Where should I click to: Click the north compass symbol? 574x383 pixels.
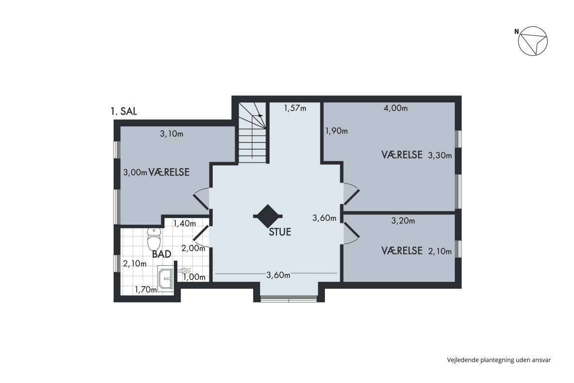pyautogui.click(x=533, y=41)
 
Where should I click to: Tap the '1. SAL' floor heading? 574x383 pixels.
pyautogui.click(x=124, y=111)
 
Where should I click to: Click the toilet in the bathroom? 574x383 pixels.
pyautogui.click(x=154, y=239)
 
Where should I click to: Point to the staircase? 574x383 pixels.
pyautogui.click(x=253, y=133)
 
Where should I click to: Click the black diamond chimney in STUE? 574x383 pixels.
pyautogui.click(x=268, y=216)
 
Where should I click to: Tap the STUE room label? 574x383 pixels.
pyautogui.click(x=280, y=232)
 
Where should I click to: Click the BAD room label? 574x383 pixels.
pyautogui.click(x=162, y=254)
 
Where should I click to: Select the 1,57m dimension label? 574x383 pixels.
pyautogui.click(x=295, y=108)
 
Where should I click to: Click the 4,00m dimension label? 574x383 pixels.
pyautogui.click(x=395, y=108)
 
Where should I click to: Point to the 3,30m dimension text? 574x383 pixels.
pyautogui.click(x=440, y=156)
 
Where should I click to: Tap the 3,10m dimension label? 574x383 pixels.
pyautogui.click(x=172, y=134)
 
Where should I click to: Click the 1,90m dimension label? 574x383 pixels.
pyautogui.click(x=336, y=131)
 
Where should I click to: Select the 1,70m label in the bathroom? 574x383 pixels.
pyautogui.click(x=146, y=290)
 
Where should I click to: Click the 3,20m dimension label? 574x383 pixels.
pyautogui.click(x=403, y=220)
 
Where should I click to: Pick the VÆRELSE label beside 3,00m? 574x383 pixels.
pyautogui.click(x=169, y=172)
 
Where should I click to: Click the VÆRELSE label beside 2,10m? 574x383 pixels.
pyautogui.click(x=402, y=251)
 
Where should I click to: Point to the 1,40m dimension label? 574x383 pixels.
pyautogui.click(x=184, y=223)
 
